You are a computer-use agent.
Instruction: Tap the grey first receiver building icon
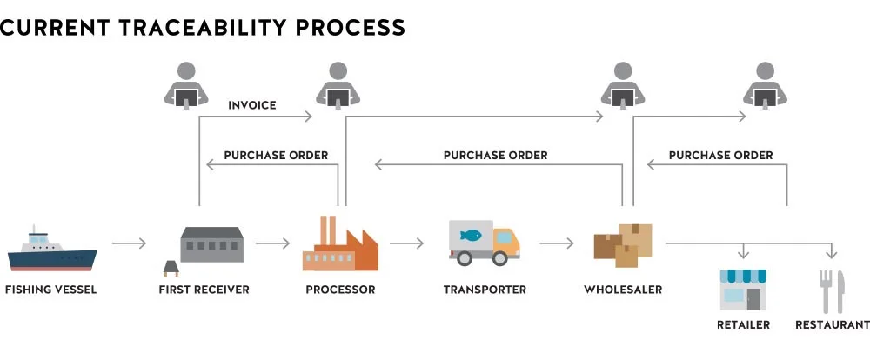pyautogui.click(x=211, y=244)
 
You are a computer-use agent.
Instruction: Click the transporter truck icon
pyautogui.click(x=484, y=243)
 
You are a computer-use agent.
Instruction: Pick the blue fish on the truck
pyautogui.click(x=472, y=234)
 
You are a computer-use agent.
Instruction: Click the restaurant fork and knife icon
pyautogui.click(x=832, y=291)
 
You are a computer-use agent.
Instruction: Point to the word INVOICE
pyautogui.click(x=252, y=105)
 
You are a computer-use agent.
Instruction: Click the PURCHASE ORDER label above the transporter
pyautogui.click(x=496, y=156)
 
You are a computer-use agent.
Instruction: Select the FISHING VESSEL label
pyautogui.click(x=50, y=290)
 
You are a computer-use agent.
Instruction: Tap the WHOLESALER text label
pyautogui.click(x=623, y=290)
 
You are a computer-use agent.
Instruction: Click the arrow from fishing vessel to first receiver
pyautogui.click(x=130, y=243)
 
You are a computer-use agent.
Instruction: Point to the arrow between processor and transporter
pyautogui.click(x=406, y=243)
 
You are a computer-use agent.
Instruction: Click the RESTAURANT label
pyautogui.click(x=832, y=325)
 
